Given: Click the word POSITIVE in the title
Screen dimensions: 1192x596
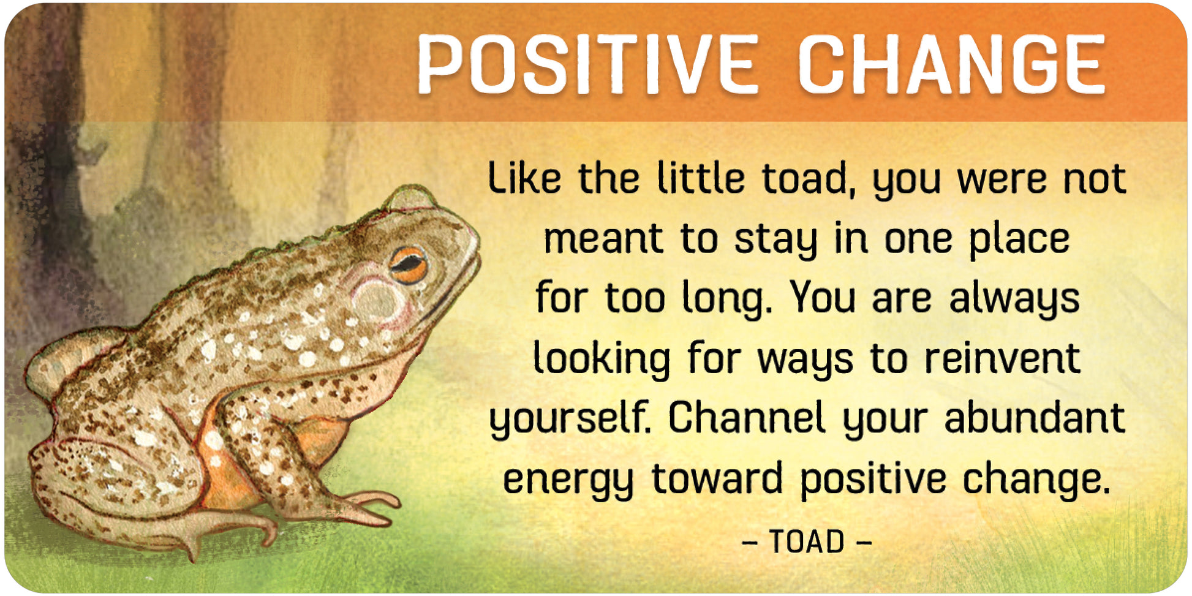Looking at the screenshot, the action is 588,64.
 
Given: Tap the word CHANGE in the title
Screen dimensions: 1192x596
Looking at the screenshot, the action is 951,64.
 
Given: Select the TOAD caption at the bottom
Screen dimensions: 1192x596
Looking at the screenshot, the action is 807,541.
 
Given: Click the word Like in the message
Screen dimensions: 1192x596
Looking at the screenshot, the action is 524,178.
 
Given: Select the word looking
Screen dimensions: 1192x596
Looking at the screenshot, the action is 602,360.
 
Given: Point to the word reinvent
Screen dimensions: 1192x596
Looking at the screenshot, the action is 1002,358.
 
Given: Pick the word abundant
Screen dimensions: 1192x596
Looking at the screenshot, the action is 1035,418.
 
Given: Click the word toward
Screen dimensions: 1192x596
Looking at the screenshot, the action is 717,478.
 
